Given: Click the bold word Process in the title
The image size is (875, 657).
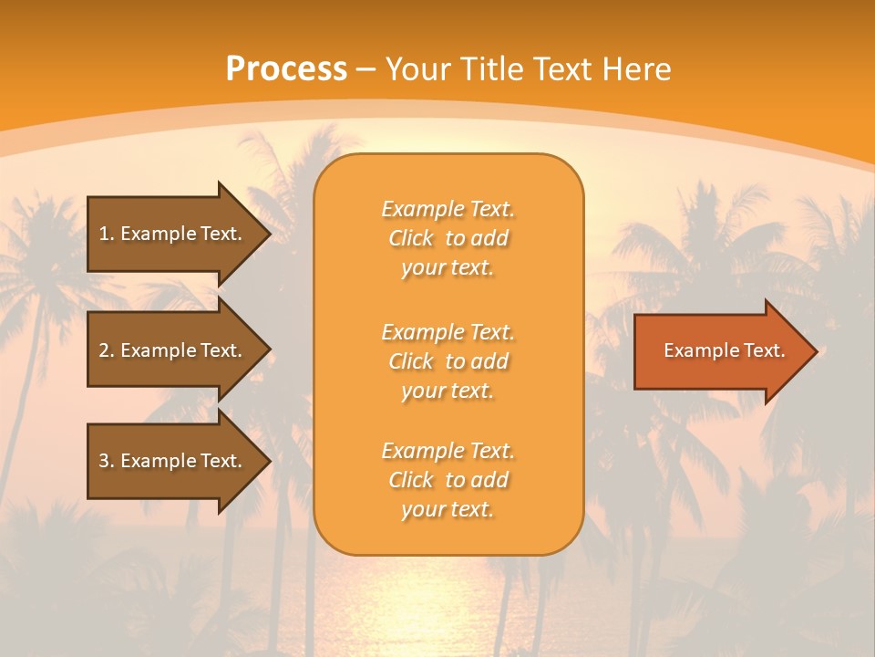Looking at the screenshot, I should coord(286,69).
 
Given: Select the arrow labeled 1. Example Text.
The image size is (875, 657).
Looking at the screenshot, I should coord(170,234).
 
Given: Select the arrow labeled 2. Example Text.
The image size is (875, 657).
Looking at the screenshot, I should coord(170,350).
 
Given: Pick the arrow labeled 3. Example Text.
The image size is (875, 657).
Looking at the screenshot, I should coord(170,461).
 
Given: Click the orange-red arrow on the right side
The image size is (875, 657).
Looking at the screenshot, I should coord(720,351).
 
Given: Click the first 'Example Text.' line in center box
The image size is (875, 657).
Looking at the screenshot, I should coord(448,210).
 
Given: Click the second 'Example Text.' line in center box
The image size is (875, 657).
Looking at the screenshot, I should coord(448,332).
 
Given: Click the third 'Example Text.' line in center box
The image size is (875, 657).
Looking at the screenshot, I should coord(448,452).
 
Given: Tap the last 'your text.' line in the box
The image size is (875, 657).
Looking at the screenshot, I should coord(448,510).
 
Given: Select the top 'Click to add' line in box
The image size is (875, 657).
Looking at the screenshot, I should coord(448,239).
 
